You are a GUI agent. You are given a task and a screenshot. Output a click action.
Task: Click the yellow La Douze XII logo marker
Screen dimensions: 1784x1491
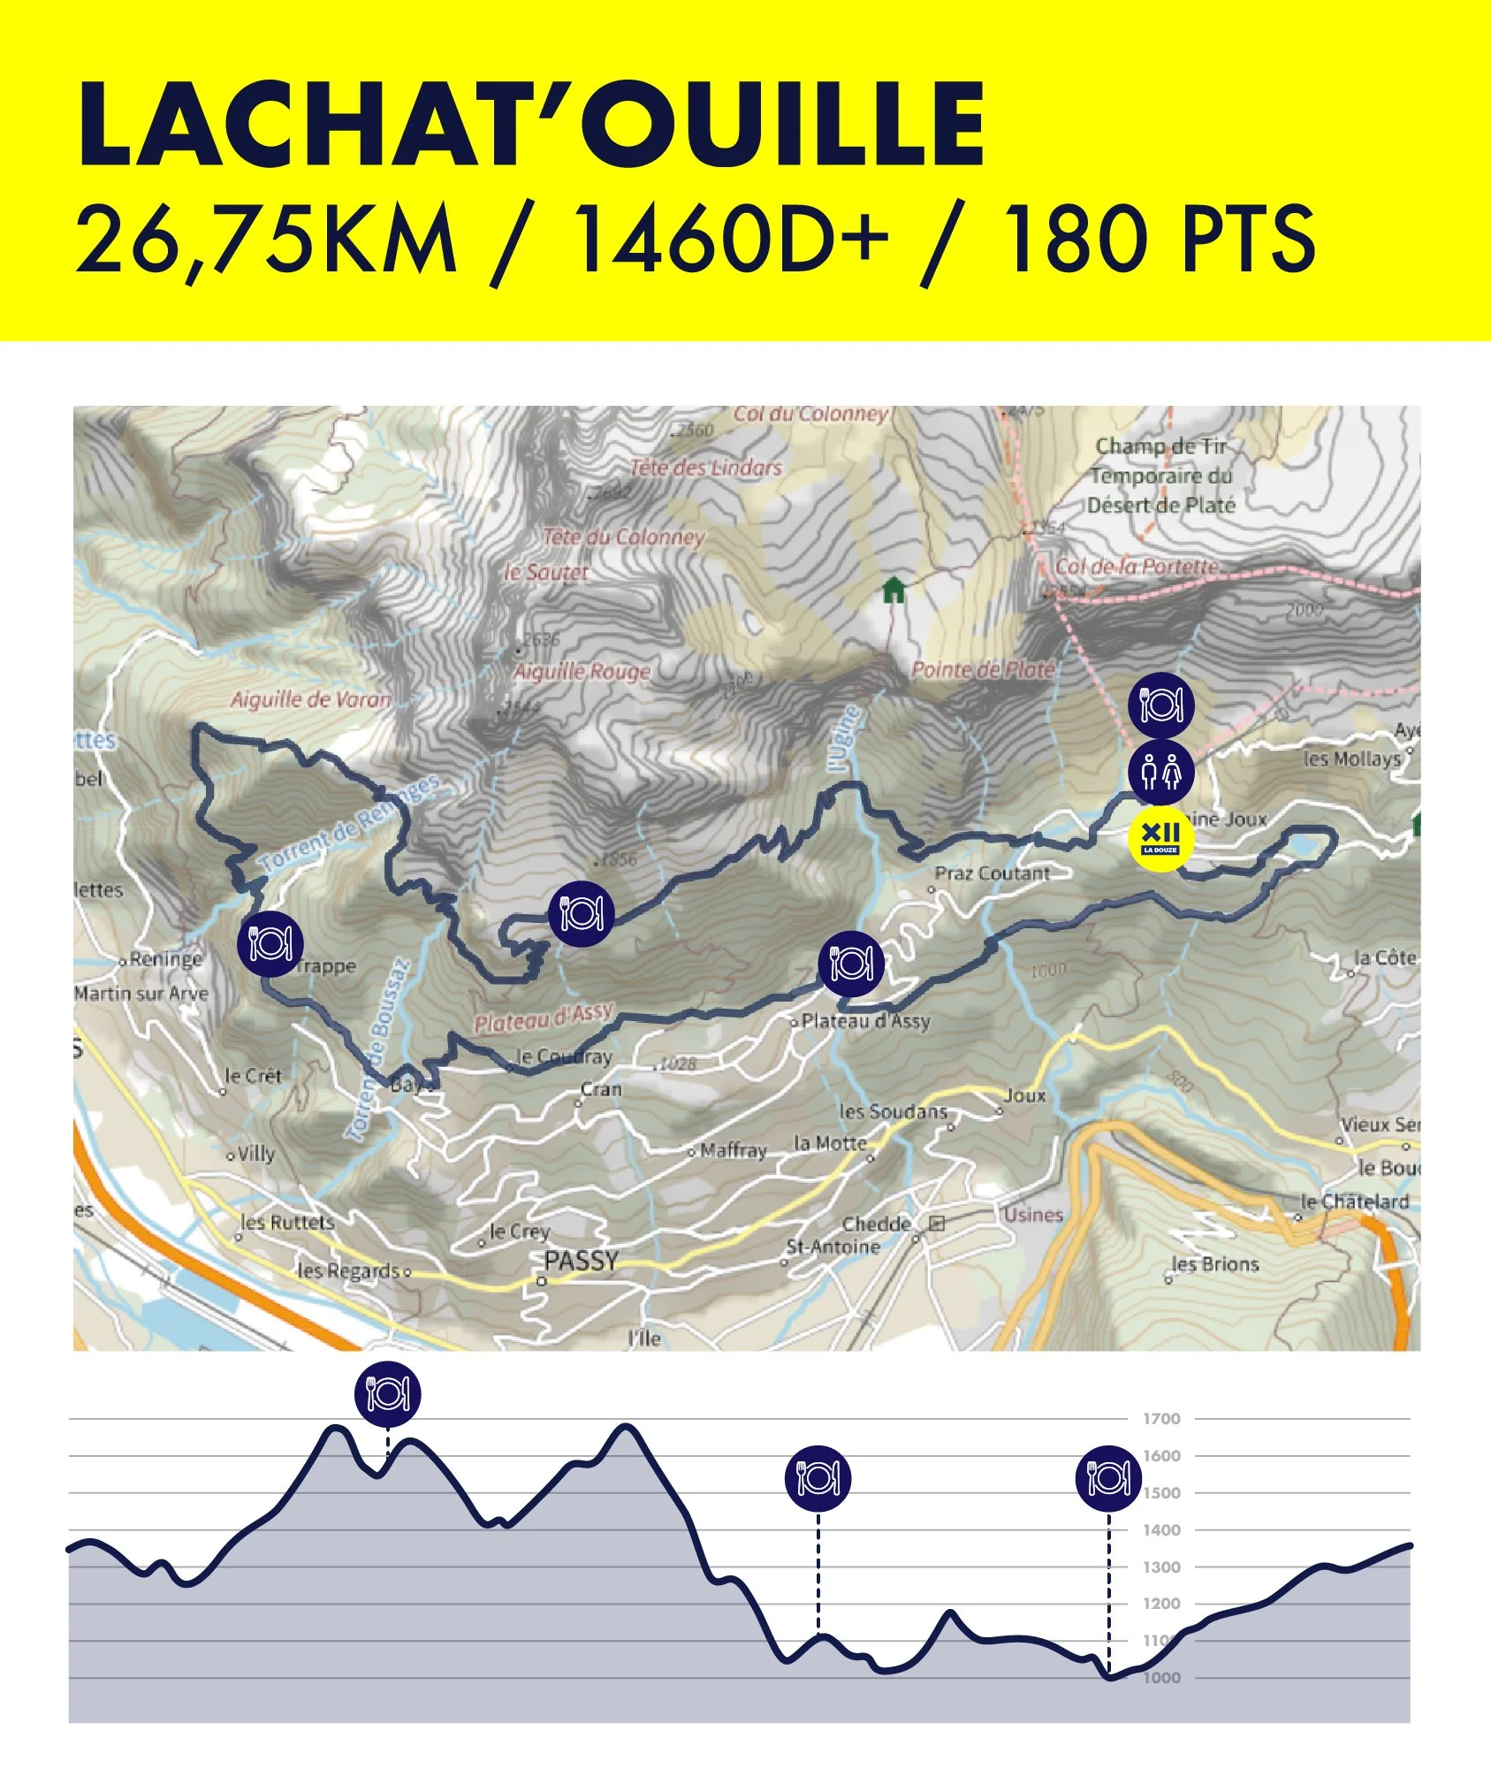point(1160,839)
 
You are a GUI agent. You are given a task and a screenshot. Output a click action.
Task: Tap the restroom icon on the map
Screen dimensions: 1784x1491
point(1160,771)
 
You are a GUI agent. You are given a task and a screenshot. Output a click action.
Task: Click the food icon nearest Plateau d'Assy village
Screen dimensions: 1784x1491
point(850,964)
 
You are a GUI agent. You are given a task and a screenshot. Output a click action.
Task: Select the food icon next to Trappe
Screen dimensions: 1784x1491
point(270,943)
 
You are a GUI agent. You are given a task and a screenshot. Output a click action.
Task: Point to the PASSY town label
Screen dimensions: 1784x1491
point(581,1262)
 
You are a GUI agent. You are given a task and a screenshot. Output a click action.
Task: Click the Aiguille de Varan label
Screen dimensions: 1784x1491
point(310,700)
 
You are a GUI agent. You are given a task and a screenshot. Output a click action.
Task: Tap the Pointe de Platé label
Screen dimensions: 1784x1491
point(983,670)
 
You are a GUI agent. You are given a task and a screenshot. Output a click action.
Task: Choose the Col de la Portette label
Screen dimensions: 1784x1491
point(1137,566)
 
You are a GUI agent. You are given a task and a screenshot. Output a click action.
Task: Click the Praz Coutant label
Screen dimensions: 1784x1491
point(993,873)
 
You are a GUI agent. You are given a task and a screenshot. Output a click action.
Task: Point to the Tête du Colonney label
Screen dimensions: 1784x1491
point(623,537)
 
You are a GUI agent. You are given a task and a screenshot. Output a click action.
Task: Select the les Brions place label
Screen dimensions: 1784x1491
point(1214,1264)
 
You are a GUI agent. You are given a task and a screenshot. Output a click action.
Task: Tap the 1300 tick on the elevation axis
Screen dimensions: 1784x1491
point(1161,1567)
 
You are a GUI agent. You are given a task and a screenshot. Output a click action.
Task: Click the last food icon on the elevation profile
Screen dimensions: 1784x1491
point(1108,1477)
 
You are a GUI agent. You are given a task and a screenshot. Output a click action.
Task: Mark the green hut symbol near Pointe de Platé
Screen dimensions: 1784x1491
point(894,590)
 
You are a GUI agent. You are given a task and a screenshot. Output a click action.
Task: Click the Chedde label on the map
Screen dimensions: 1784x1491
point(876,1224)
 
